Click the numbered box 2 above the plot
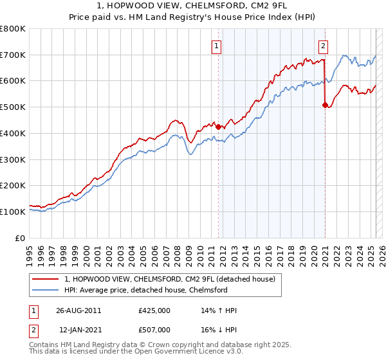(322, 46)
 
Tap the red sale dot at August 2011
(219, 127)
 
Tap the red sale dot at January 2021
(325, 105)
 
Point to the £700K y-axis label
(13, 55)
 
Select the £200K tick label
(13, 185)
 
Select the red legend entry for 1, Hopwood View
(170, 278)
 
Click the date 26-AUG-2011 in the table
(78, 310)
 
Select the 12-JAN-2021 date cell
(78, 329)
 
